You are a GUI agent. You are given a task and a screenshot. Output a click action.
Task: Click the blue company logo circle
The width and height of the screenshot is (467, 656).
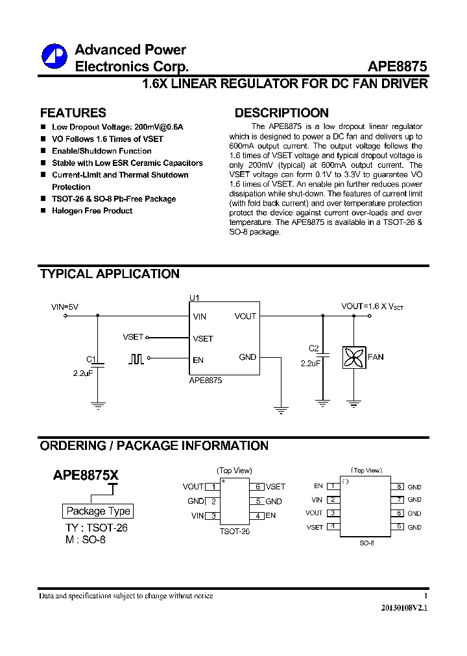(54, 56)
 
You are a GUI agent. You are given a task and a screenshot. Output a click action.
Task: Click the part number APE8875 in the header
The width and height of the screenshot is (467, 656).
(397, 66)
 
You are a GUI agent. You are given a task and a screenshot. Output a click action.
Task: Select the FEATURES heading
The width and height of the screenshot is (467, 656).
(73, 113)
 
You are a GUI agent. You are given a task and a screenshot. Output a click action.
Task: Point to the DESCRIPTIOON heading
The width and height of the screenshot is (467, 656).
(281, 113)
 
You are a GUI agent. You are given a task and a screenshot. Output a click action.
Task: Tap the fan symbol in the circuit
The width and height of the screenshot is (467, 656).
(354, 357)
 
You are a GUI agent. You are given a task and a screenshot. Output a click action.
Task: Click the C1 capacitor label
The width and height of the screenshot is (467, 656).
(91, 359)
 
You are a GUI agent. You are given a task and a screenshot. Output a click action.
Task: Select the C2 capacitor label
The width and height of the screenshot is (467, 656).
(314, 348)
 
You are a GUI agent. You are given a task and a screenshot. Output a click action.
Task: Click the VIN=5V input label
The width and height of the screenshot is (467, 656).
(65, 307)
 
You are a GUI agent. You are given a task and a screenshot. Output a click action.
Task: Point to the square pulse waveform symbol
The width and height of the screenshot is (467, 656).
(136, 358)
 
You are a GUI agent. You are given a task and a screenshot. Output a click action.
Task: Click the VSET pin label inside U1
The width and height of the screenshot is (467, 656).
(203, 338)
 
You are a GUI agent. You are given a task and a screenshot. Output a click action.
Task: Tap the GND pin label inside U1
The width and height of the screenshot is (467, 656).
(248, 357)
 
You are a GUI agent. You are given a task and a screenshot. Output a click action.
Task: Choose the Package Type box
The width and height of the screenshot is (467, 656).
(99, 511)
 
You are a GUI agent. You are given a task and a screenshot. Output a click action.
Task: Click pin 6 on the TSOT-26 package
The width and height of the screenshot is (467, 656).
(257, 487)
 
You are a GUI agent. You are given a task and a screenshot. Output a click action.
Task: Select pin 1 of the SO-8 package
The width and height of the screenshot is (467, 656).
(332, 486)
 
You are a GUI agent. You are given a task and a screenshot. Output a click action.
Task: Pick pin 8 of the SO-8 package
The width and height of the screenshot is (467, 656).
(400, 486)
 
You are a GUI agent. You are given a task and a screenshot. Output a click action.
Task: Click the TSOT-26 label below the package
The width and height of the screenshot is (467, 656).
(235, 531)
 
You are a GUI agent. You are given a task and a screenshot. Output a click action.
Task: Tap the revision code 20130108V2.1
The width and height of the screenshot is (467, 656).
(404, 609)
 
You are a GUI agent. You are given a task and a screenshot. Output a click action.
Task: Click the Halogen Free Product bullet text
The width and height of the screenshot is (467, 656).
(92, 211)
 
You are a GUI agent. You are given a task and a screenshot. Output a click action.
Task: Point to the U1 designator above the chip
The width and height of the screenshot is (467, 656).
(195, 298)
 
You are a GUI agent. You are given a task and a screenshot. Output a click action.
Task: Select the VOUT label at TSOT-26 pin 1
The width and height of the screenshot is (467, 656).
(193, 487)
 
